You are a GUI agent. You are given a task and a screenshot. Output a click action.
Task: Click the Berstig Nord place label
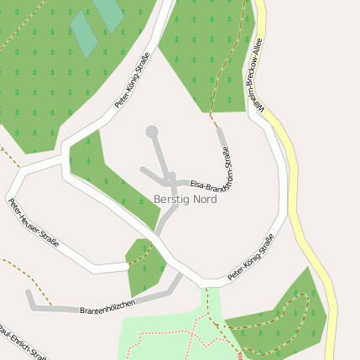(185, 200)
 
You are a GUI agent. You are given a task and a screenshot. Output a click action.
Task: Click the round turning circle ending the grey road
(152, 132)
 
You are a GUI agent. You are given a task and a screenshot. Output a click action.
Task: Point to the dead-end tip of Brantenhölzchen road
(29, 294)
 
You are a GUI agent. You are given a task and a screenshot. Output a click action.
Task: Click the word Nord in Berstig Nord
(204, 200)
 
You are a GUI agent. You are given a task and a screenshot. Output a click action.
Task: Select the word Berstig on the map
(171, 200)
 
